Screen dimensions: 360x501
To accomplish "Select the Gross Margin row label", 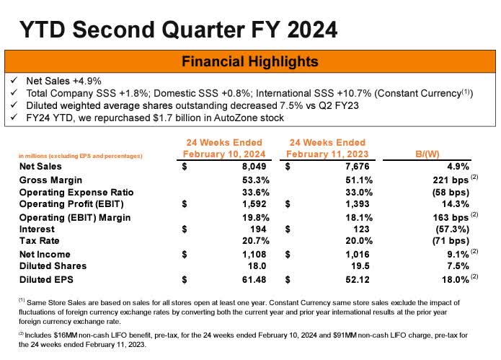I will [x=52, y=180].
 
